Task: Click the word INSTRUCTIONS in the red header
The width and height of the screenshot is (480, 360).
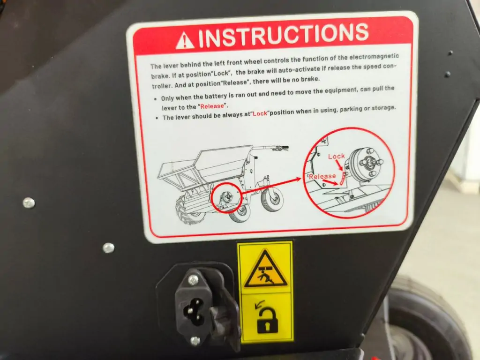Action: [284, 37]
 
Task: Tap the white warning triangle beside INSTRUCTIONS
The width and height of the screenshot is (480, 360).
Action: [185, 41]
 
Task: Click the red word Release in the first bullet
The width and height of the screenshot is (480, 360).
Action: [212, 106]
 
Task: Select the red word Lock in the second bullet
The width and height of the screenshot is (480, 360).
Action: [260, 113]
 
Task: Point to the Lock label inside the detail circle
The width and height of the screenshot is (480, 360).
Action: [336, 157]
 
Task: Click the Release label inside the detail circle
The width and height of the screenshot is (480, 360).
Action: [322, 176]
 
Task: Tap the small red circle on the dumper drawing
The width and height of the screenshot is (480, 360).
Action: [227, 198]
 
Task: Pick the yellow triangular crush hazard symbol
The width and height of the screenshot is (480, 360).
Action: [266, 269]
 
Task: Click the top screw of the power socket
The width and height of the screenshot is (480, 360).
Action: [193, 279]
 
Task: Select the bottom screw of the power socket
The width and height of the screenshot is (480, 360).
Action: [195, 340]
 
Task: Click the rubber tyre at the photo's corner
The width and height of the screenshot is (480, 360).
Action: [428, 322]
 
